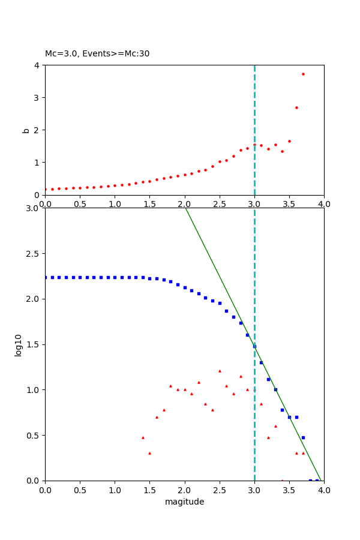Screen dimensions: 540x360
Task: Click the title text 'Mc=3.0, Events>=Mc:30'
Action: pyautogui.click(x=97, y=54)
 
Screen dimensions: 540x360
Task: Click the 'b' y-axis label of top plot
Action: pyautogui.click(x=26, y=130)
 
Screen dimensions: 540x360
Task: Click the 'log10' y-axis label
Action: pyautogui.click(x=19, y=345)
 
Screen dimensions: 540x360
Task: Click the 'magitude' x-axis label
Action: pyautogui.click(x=184, y=502)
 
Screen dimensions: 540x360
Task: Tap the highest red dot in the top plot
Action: pyautogui.click(x=303, y=74)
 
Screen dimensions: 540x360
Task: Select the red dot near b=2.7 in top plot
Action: pyautogui.click(x=296, y=107)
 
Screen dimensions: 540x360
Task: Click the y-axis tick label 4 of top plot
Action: pyautogui.click(x=37, y=65)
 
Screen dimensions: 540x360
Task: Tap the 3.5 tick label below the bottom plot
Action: pyautogui.click(x=289, y=490)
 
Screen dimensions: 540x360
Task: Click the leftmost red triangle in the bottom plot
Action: pyautogui.click(x=143, y=437)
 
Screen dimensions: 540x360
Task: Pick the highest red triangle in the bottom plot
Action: pyautogui.click(x=220, y=371)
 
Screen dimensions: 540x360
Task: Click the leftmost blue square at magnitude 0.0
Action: pyautogui.click(x=46, y=277)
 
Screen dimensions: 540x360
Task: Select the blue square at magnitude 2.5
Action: pyautogui.click(x=220, y=303)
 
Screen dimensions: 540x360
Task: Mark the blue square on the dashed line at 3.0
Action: pyautogui.click(x=254, y=346)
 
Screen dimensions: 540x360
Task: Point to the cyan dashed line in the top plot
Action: pyautogui.click(x=254, y=108)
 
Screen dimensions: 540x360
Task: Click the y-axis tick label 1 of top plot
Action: pyautogui.click(x=37, y=163)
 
